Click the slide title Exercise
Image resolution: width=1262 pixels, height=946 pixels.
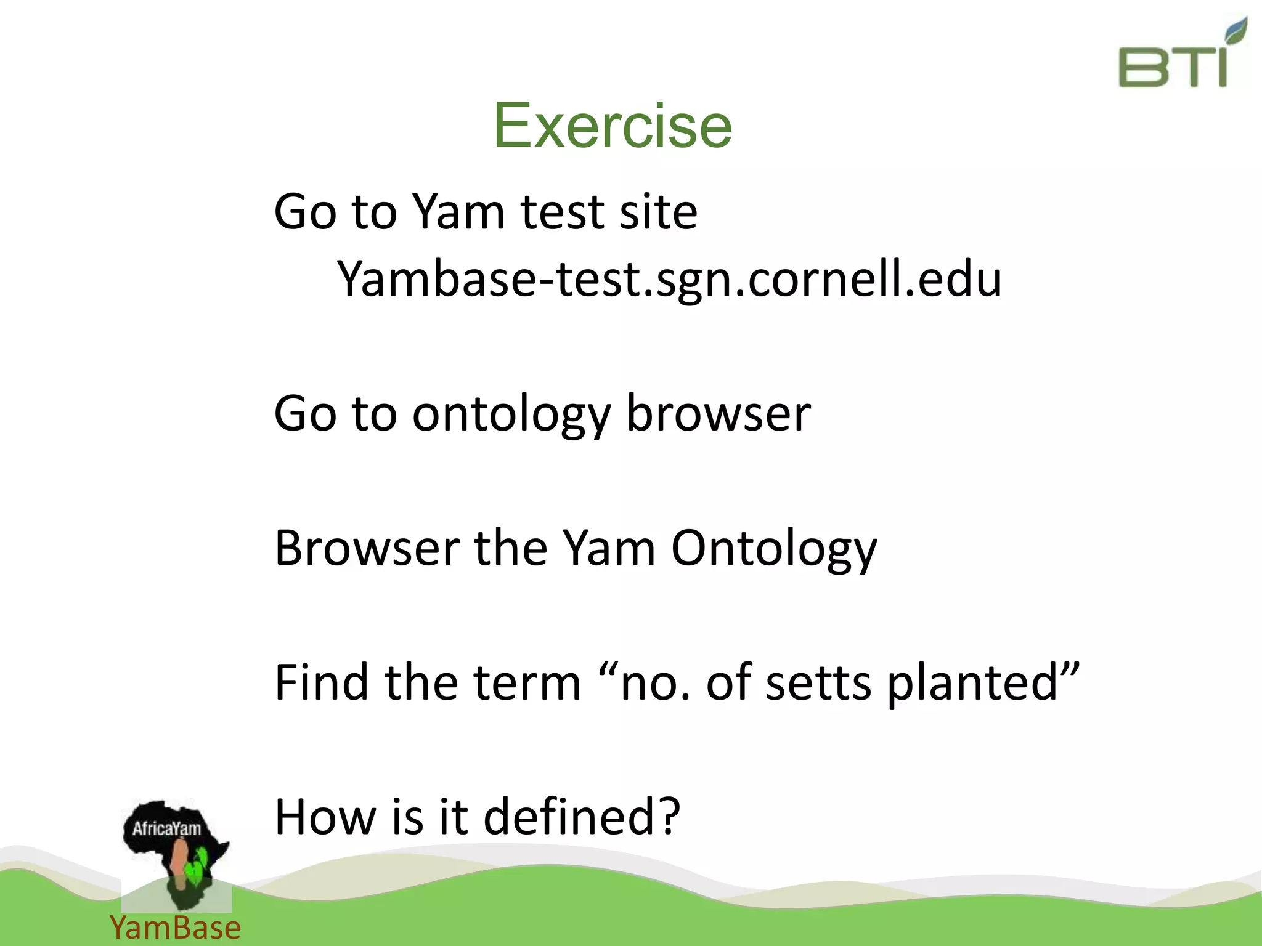(x=613, y=126)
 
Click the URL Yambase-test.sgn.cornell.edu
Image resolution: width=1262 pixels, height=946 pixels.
(x=669, y=278)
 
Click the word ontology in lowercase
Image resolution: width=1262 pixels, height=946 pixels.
(x=511, y=414)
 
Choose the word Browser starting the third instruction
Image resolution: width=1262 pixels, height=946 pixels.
(x=367, y=548)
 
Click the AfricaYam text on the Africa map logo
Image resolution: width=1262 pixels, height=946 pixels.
(x=166, y=828)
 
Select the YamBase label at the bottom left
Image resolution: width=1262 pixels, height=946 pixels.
(x=175, y=928)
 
